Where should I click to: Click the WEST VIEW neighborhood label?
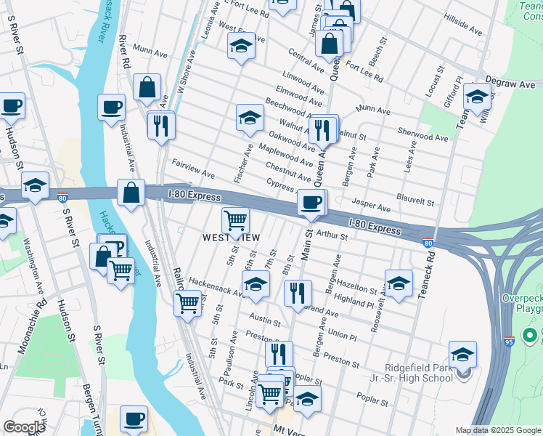(x=231, y=238)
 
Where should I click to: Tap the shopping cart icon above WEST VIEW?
(x=235, y=219)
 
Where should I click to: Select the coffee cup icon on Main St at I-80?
(x=311, y=202)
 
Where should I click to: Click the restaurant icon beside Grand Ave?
(x=298, y=293)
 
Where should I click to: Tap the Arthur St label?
(x=333, y=236)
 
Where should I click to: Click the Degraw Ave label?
(x=515, y=84)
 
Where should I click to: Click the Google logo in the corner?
(x=24, y=427)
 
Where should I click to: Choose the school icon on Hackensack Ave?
(x=256, y=285)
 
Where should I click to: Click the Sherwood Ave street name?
(x=423, y=136)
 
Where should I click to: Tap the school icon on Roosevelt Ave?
(x=399, y=283)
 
